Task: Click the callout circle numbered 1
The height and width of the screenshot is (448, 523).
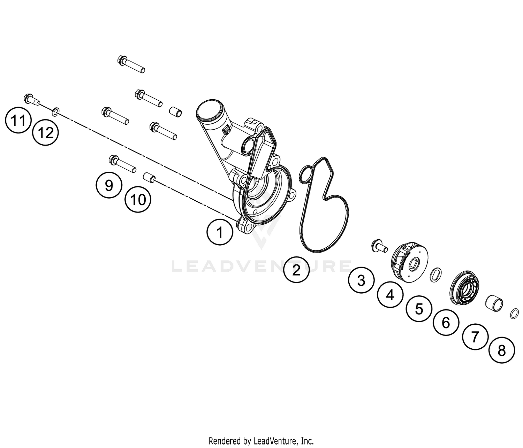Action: point(220,232)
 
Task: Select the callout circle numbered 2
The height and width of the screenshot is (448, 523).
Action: point(296,270)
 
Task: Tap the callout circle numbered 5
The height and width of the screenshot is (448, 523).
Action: point(419,309)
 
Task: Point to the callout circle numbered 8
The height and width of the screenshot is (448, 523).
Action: point(502,350)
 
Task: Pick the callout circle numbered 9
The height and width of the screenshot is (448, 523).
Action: point(109,185)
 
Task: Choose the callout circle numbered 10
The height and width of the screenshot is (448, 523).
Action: point(138,200)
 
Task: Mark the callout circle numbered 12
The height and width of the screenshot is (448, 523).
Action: point(46,133)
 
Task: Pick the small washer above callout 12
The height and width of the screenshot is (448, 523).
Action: point(55,112)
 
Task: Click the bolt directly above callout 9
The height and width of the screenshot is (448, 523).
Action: point(122,164)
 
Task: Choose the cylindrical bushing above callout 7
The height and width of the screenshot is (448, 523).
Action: point(495,303)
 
